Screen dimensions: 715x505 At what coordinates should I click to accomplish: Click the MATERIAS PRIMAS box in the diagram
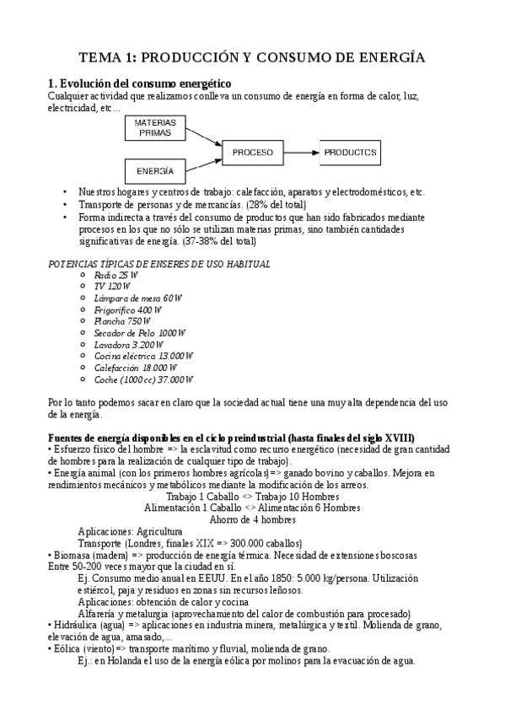tap(155, 127)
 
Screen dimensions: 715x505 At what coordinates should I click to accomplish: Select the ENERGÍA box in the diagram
tap(155, 171)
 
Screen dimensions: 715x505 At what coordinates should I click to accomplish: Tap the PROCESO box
tap(252, 153)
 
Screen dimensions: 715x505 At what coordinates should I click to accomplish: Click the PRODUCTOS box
tap(349, 153)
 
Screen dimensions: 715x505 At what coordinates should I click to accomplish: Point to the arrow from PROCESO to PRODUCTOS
tap(302, 153)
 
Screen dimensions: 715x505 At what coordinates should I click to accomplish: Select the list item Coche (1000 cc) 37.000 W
tap(144, 379)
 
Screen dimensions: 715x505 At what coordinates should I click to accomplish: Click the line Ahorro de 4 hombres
tap(252, 519)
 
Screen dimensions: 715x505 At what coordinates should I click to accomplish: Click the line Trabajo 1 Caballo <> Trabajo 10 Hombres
tap(252, 497)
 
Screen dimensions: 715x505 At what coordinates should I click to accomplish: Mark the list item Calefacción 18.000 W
tap(136, 368)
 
